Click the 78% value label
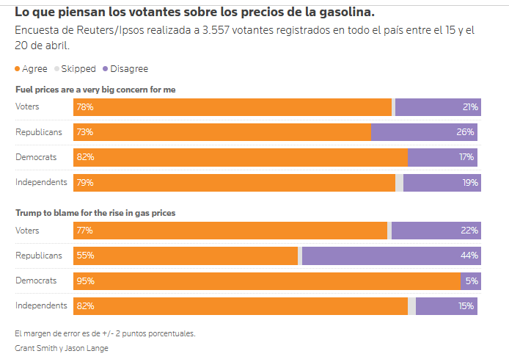84,107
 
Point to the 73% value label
84,132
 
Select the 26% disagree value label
466,132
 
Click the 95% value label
84,281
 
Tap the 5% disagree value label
471,281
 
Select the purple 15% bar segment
446,306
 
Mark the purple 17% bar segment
442,157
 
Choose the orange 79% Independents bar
235,182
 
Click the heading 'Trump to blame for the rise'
95,213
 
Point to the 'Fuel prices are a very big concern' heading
95,90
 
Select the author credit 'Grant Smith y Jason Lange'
62,347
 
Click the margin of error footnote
105,333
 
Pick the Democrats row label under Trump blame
37,281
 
